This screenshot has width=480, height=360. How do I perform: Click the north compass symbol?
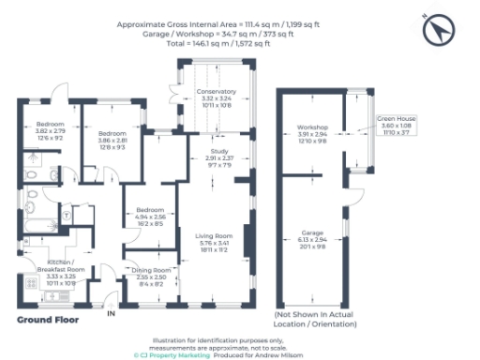437,31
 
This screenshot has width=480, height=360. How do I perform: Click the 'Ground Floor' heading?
47,320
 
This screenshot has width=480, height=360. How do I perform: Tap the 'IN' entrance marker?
111,312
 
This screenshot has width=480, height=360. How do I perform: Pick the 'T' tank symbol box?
67,215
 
